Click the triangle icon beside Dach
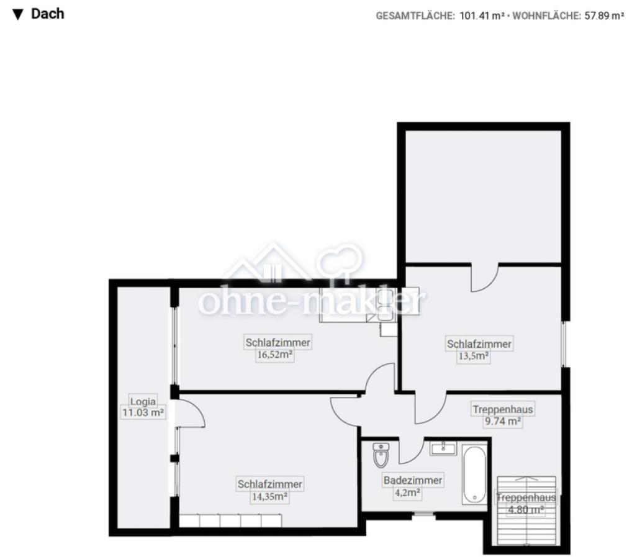coord(17,15)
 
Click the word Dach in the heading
coord(48,14)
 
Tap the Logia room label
coord(143,401)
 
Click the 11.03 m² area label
coord(143,412)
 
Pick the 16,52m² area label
coord(274,355)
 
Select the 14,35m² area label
coord(270,496)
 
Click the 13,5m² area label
coord(474,356)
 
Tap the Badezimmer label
coord(413,479)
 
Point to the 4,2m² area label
coord(407,492)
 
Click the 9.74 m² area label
coord(503,421)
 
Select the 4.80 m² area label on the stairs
coord(526,509)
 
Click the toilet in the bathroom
coord(381,455)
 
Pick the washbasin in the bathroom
coord(443,448)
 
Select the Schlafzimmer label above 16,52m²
coord(278,342)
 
